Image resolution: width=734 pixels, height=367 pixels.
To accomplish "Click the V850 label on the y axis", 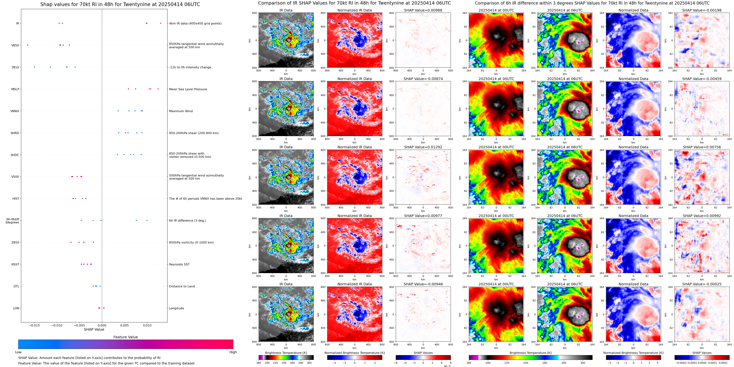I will [15, 45].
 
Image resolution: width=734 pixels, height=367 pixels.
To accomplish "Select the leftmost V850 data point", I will [28, 45].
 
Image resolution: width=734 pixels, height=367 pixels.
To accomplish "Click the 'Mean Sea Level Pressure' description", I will [188, 89].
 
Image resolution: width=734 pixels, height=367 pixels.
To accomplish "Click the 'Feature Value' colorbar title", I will [125, 337].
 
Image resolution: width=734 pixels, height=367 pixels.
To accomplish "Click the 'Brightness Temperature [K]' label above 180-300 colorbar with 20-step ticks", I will [286, 353].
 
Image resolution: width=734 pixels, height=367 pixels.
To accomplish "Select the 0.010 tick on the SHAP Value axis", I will [147, 325].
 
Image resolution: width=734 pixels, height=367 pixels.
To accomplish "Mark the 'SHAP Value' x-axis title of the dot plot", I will [94, 329].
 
